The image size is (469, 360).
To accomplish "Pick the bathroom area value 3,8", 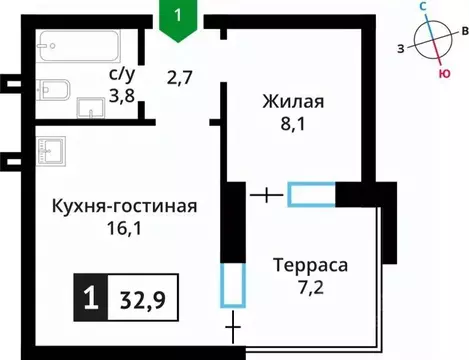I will pyautogui.click(x=122, y=96).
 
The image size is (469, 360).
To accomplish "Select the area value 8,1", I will pyautogui.click(x=293, y=126).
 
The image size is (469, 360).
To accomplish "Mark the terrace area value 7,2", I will pyautogui.click(x=311, y=290).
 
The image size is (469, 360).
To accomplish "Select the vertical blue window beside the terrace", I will pyautogui.click(x=231, y=285).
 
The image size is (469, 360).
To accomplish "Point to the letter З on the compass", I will pyautogui.click(x=400, y=48).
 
